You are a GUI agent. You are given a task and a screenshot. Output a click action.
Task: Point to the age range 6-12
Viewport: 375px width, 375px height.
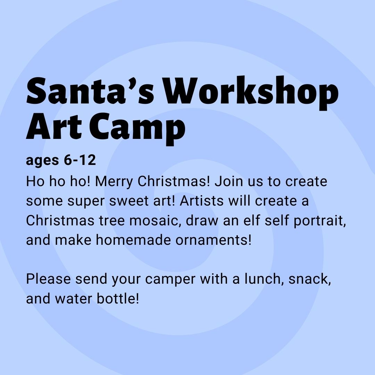pyautogui.click(x=80, y=160)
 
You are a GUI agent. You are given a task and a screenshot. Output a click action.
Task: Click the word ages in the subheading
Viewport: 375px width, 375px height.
pyautogui.click(x=42, y=161)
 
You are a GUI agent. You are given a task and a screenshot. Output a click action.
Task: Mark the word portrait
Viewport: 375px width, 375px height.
pyautogui.click(x=319, y=221)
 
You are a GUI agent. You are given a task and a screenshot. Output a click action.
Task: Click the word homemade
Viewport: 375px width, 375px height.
pyautogui.click(x=133, y=240)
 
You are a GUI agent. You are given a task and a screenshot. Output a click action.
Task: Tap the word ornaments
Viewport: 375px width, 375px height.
pyautogui.click(x=213, y=240)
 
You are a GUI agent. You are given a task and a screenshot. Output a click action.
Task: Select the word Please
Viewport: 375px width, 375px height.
pyautogui.click(x=48, y=279)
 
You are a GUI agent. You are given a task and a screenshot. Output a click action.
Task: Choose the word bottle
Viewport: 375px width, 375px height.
pyautogui.click(x=118, y=299)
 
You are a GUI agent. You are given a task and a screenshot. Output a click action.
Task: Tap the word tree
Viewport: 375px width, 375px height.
pyautogui.click(x=112, y=220)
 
